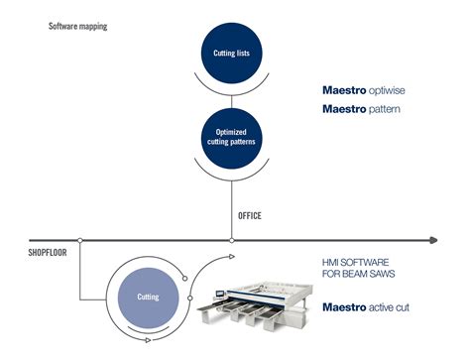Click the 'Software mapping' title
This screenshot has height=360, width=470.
(77, 26)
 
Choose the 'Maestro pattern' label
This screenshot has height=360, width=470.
(363, 108)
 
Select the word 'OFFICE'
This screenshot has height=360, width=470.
(250, 215)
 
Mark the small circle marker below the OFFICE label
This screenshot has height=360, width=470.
(231, 239)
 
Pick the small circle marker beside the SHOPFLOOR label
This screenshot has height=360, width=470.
(79, 239)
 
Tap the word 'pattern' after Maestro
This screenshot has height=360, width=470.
(381, 108)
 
